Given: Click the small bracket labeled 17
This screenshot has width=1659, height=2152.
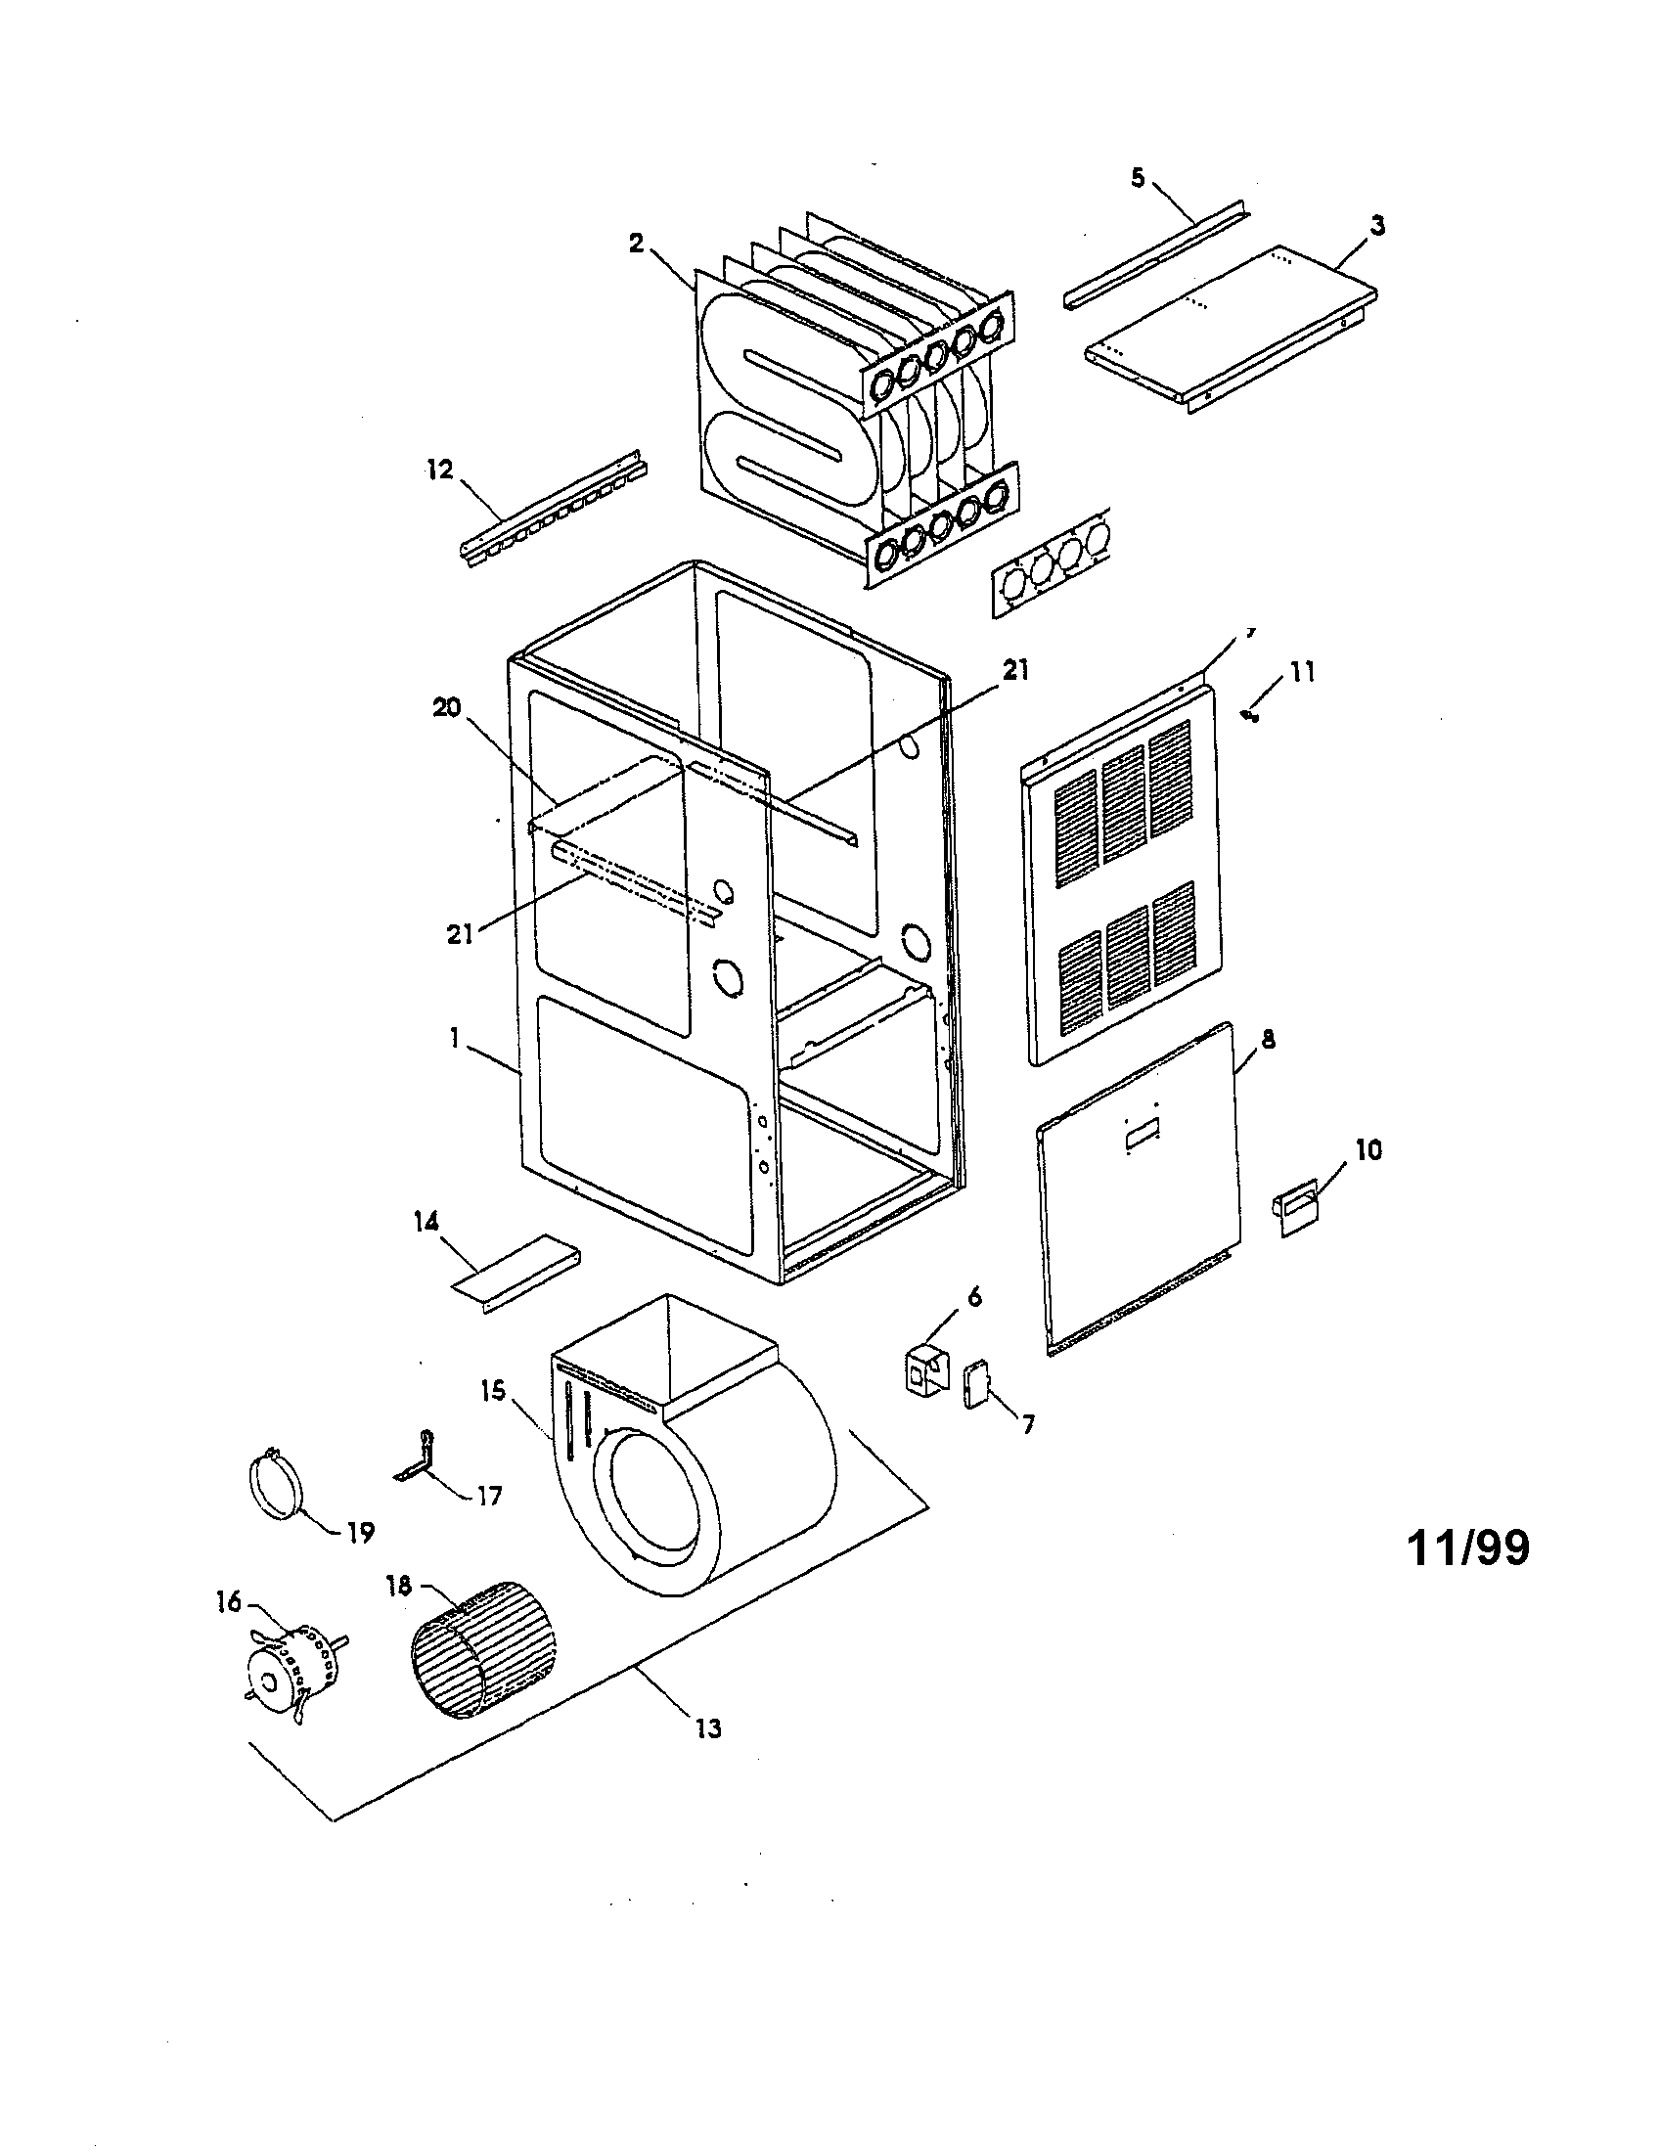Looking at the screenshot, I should [414, 1461].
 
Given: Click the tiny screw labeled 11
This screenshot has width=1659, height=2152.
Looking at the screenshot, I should [1251, 716].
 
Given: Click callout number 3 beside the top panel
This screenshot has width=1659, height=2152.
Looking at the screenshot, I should [1377, 226].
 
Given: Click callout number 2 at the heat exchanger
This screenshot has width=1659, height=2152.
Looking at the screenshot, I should [637, 244].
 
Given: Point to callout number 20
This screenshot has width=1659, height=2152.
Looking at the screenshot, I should [446, 708].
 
